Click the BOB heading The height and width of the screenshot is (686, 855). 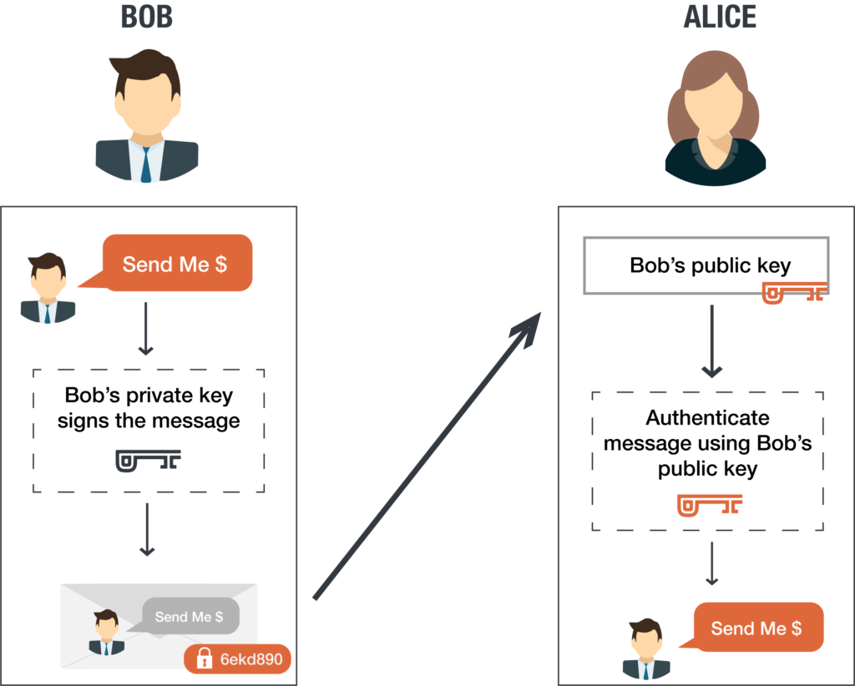pos(147,17)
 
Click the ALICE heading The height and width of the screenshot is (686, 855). pos(720,17)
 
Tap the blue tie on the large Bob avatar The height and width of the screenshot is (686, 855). pos(146,163)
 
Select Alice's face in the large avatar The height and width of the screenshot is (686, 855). pos(714,103)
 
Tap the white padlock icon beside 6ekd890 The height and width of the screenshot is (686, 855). pos(204,658)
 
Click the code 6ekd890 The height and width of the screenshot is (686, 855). pos(251,659)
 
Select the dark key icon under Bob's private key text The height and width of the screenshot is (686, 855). pos(148,461)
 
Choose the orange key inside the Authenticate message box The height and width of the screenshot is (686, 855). pos(710,505)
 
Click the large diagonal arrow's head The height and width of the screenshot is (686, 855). pos(526,330)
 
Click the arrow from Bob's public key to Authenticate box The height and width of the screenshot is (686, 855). pos(711,341)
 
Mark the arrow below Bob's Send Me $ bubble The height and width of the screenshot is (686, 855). pos(145,329)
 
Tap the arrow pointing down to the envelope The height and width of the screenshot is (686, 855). pos(147,529)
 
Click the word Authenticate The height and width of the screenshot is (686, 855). pos(707,418)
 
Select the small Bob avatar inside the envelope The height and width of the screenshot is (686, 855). pos(106,632)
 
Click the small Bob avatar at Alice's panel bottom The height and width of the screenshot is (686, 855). pos(646,649)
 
